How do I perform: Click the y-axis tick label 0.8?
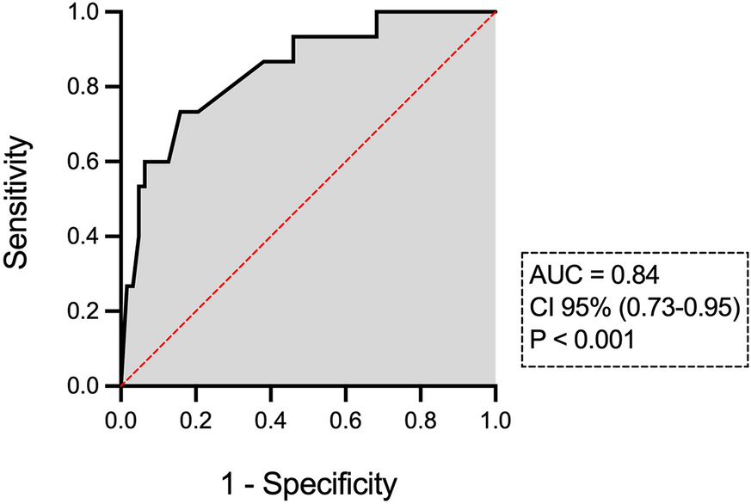click(x=89, y=87)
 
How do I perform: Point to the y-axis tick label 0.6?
click(x=89, y=162)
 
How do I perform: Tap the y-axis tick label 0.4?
click(x=89, y=237)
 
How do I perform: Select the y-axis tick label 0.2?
click(x=89, y=311)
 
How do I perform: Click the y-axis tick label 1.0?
click(x=89, y=13)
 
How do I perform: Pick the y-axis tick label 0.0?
click(x=89, y=386)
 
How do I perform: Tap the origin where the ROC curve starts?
click(x=120, y=385)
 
